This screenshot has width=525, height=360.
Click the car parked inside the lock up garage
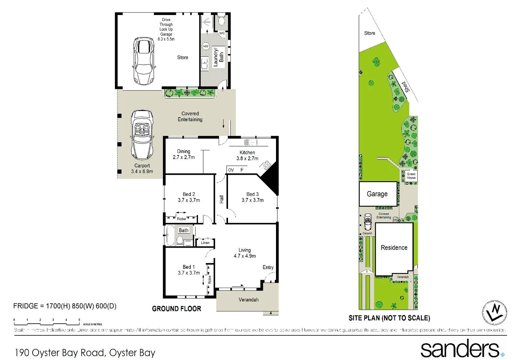pos(144,61)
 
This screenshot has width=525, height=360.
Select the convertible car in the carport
pos(142,135)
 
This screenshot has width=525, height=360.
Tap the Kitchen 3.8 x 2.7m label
pos(247,155)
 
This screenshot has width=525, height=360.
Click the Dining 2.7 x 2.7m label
pos(184,154)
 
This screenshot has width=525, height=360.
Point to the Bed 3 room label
pos(253,197)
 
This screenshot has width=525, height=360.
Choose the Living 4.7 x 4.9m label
pos(245,253)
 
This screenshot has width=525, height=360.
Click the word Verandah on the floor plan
pos(248,300)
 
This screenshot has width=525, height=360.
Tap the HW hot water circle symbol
pos(206,46)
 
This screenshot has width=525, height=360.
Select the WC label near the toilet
pos(222,33)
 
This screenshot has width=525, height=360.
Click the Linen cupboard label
pos(205,243)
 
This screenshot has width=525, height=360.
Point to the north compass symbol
pos(494,312)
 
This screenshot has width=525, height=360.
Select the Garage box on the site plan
pos(378,194)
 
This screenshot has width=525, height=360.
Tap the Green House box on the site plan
pos(411,176)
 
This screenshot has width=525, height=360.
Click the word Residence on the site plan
pos(394,248)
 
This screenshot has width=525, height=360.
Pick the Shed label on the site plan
pos(406,87)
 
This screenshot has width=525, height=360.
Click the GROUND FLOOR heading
pos(176,309)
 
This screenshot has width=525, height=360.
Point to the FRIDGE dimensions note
pos(65,306)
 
